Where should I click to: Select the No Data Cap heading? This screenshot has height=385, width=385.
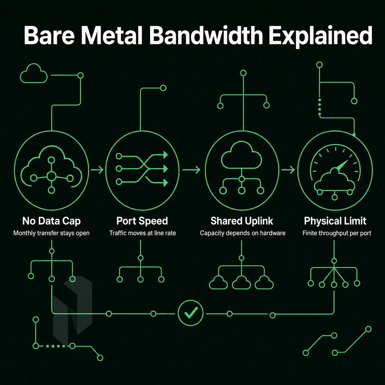(52, 221)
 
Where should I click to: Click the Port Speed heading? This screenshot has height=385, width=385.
(142, 221)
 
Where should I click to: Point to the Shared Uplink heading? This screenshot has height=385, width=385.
(242, 221)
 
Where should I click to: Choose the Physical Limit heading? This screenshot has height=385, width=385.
(335, 221)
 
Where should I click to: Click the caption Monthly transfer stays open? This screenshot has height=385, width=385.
(51, 233)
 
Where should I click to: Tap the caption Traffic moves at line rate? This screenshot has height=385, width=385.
(142, 233)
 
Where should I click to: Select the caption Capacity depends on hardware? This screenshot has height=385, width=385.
(243, 233)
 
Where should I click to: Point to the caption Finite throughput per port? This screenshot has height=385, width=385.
(337, 233)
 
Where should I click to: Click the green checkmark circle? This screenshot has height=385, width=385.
(191, 313)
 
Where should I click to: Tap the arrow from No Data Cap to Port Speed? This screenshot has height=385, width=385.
(97, 170)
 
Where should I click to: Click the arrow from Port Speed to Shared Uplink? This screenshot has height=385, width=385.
(191, 170)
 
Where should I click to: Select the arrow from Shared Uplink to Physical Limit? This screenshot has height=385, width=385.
(288, 170)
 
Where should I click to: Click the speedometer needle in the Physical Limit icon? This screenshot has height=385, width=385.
(341, 165)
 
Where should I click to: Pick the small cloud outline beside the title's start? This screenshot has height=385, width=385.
(33, 73)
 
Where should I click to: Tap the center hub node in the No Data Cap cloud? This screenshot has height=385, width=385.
(51, 176)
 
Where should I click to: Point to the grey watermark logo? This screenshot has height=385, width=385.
(73, 310)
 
